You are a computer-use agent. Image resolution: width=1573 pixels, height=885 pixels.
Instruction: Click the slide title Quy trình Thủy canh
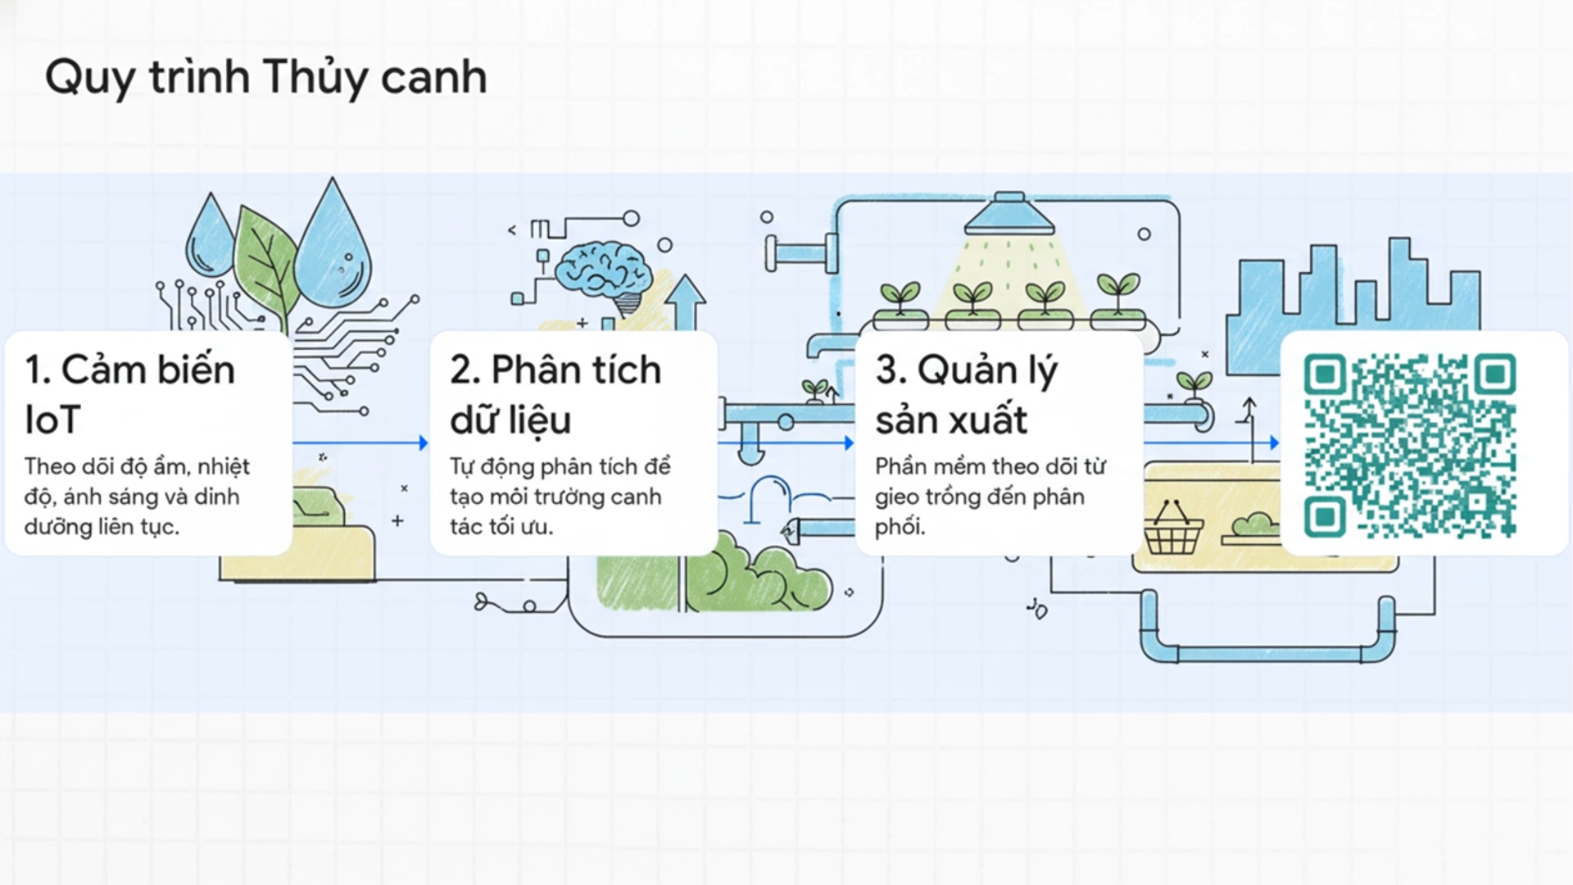265,77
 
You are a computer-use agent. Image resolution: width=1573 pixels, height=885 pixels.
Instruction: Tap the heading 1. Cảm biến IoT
129,394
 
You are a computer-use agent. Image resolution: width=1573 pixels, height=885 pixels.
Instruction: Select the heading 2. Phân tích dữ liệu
555,394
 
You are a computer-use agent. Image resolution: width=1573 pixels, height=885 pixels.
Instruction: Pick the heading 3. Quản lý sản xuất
966,394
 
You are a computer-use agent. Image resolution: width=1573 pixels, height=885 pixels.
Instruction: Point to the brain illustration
605,270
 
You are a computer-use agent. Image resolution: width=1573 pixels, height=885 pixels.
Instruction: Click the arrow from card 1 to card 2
360,443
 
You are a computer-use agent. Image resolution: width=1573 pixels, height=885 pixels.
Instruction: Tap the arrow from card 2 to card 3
785,443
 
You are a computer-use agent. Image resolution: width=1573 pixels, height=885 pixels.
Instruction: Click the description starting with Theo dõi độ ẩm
137,497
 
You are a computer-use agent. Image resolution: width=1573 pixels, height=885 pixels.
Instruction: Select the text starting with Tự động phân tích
560,497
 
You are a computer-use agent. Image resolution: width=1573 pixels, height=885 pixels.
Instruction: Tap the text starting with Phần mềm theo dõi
990,497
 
